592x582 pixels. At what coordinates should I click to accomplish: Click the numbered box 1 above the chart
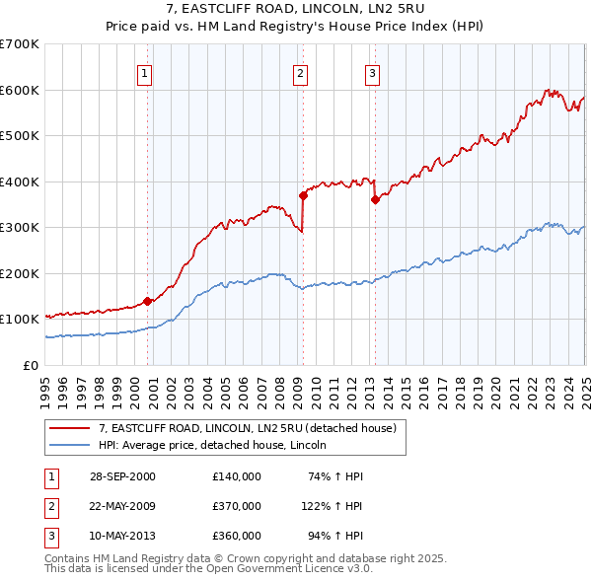coord(144,72)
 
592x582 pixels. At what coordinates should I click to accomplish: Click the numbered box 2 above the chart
coord(300,72)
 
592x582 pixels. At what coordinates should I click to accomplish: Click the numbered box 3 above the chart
coord(372,72)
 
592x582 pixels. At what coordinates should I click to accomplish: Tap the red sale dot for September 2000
coord(147,301)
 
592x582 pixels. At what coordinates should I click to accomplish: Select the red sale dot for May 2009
coord(304,195)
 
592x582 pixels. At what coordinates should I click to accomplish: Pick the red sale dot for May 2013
coord(375,200)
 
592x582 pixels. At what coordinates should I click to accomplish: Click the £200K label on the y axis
coord(22,273)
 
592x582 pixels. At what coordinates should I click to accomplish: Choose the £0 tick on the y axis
coord(32,365)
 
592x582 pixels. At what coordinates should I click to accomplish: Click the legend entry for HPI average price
coord(218,445)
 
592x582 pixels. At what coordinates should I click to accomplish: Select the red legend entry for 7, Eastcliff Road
coord(247,428)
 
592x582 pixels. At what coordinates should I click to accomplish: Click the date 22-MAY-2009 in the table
coord(122,506)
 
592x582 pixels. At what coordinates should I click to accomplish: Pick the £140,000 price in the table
coord(237,476)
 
